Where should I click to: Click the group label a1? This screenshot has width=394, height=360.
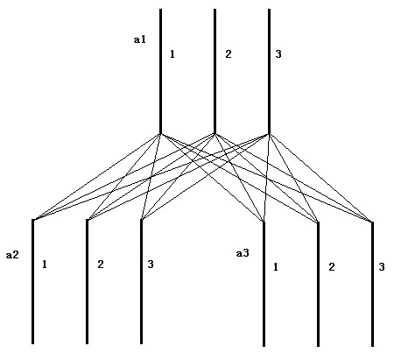pyautogui.click(x=139, y=39)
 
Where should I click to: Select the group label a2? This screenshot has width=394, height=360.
pyautogui.click(x=12, y=255)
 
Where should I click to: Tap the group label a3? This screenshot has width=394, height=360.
pyautogui.click(x=243, y=253)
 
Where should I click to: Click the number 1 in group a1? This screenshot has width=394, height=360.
pyautogui.click(x=172, y=54)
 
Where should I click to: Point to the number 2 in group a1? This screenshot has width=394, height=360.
pyautogui.click(x=229, y=54)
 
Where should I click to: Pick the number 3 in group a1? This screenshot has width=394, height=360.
pyautogui.click(x=278, y=54)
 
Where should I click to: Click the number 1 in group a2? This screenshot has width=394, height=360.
pyautogui.click(x=45, y=265)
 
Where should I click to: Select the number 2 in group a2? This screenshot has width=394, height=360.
pyautogui.click(x=101, y=265)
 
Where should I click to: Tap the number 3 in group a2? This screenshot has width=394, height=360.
pyautogui.click(x=151, y=265)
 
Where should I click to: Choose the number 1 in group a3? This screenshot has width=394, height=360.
pyautogui.click(x=276, y=267)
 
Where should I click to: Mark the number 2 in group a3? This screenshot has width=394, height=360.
pyautogui.click(x=332, y=267)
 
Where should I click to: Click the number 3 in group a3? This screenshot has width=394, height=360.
pyautogui.click(x=382, y=267)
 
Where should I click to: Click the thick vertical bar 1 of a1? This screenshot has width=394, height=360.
pyautogui.click(x=160, y=71)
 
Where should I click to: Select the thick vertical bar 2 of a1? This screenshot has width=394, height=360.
pyautogui.click(x=215, y=71)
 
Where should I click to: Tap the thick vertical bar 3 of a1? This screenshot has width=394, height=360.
pyautogui.click(x=269, y=71)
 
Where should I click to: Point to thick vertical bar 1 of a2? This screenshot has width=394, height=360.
pyautogui.click(x=32, y=281)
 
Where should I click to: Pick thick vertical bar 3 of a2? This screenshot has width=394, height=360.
pyautogui.click(x=141, y=281)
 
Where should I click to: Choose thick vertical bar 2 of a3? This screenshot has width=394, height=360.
pyautogui.click(x=318, y=284)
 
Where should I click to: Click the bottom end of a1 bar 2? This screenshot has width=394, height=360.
pyautogui.click(x=215, y=134)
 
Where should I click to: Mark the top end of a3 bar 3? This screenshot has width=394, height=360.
pyautogui.click(x=372, y=222)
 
